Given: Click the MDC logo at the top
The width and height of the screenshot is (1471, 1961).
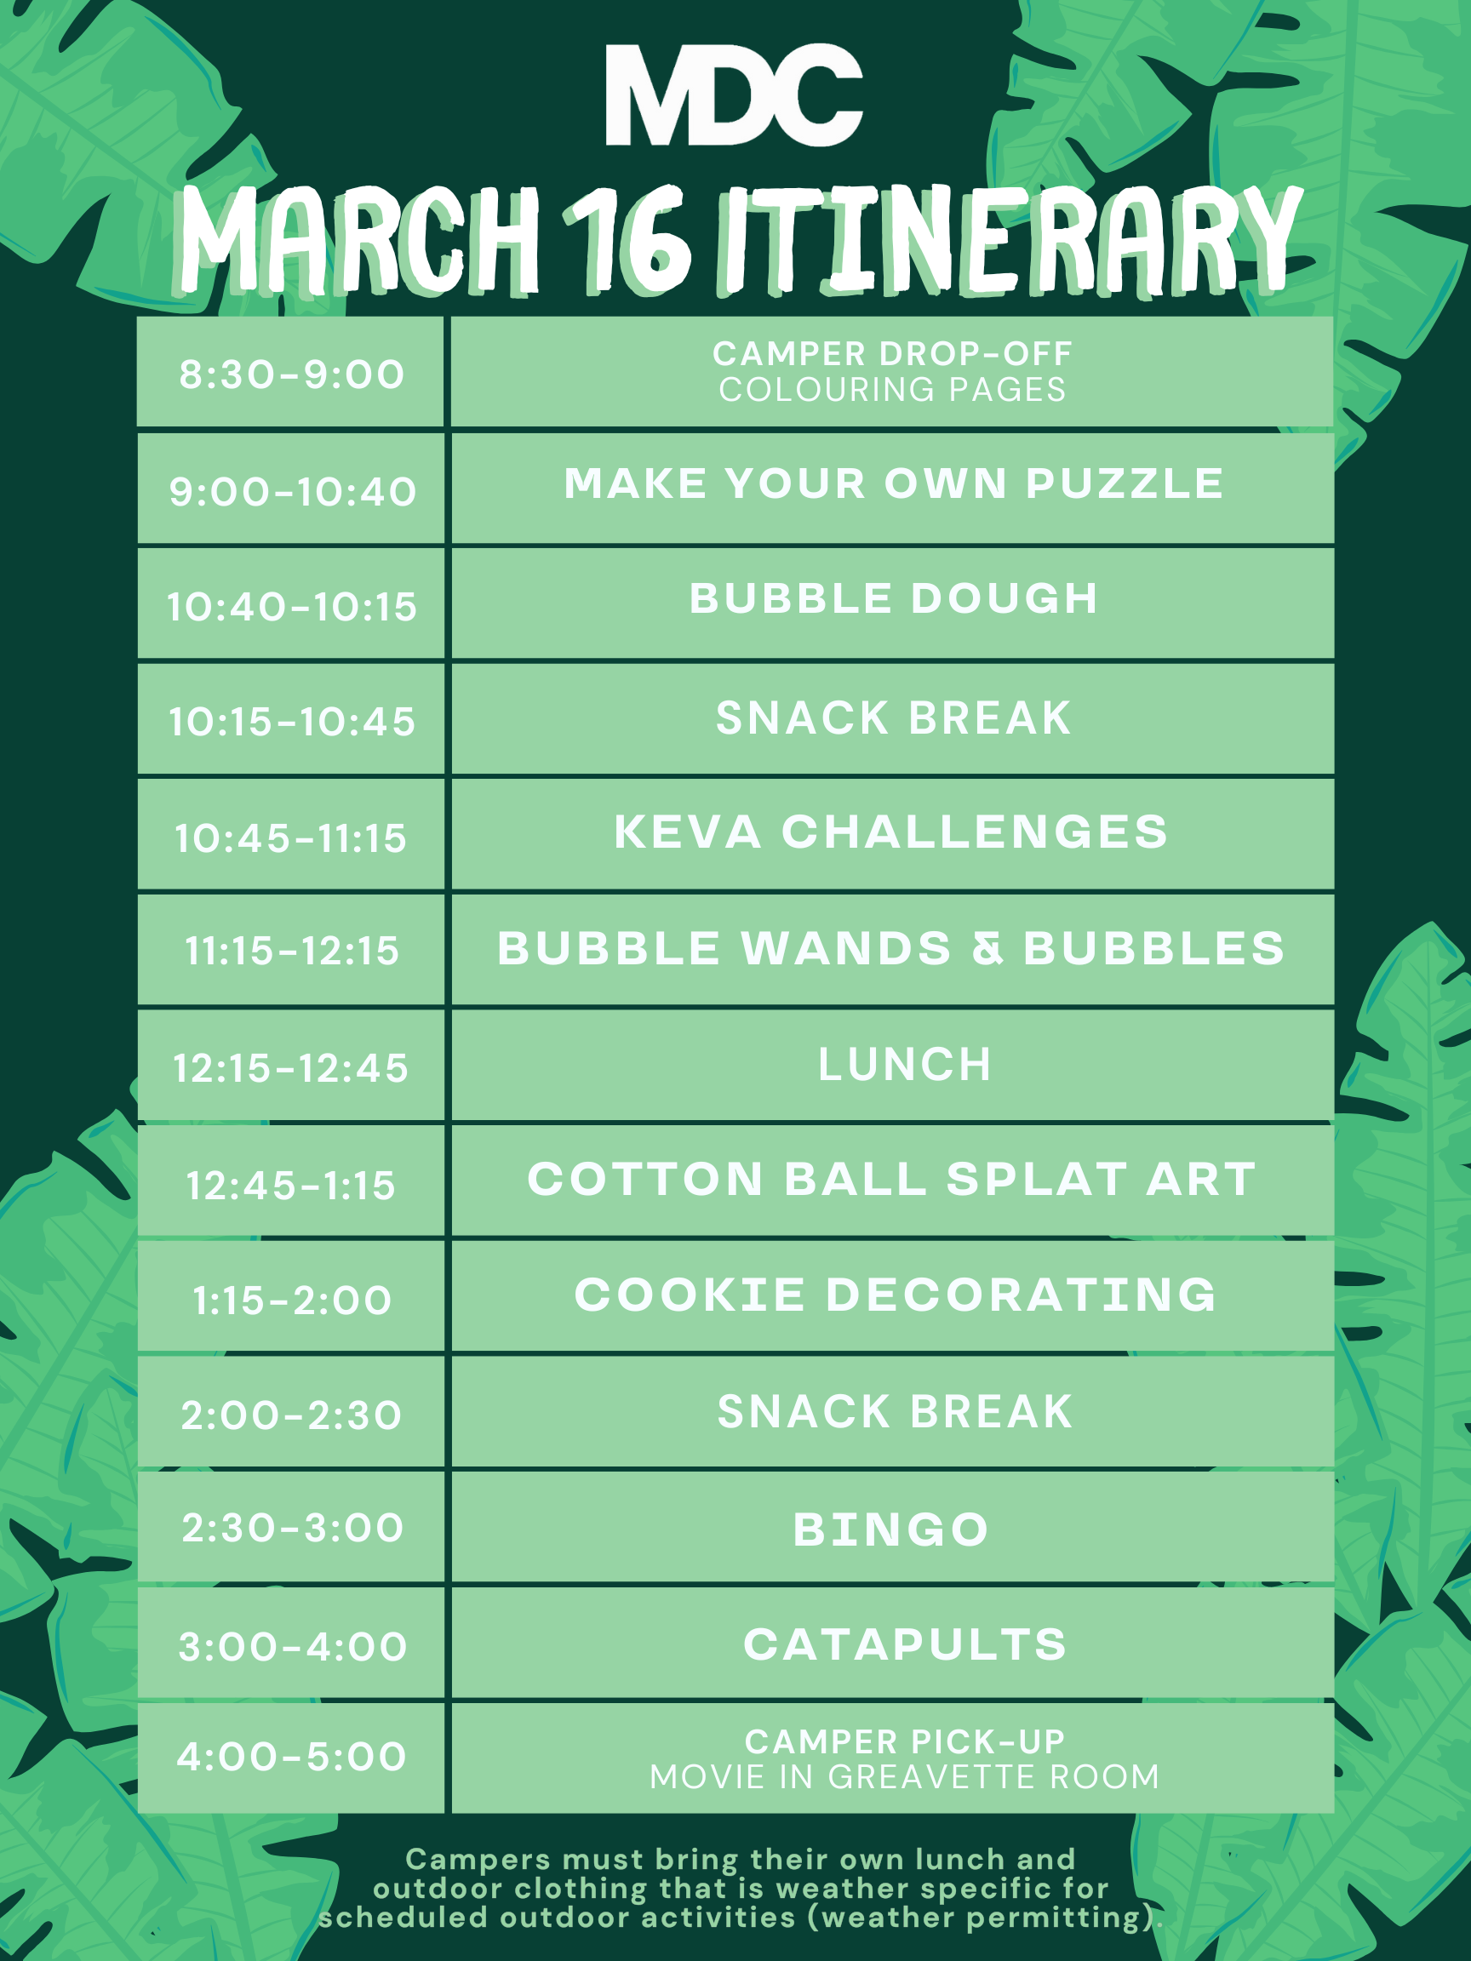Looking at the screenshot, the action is pos(733,94).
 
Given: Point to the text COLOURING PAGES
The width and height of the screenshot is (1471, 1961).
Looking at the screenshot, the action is pos(892,389).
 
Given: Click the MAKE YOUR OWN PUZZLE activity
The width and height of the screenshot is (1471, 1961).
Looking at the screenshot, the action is pos(893,484).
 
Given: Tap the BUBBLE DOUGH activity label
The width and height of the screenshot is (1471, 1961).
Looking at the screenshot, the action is pos(893,598).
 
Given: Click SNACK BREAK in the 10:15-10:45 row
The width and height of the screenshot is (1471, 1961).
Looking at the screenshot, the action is pos(893,718).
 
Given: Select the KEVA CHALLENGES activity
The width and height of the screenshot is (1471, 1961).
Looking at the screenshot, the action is pos(891,832).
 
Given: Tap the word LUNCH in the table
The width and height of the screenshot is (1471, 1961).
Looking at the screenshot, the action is pos(904,1064).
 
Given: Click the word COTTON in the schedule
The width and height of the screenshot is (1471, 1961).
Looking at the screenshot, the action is pos(645,1179).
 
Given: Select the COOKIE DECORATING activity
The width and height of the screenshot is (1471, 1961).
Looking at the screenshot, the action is pos(896,1295).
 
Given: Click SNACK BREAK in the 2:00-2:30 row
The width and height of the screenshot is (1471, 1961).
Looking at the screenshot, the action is pos(895,1410).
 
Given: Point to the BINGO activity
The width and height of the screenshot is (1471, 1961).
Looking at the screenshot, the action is pos(890,1530).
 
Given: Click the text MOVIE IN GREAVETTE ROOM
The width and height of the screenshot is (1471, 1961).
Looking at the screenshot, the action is pos(904,1776).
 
